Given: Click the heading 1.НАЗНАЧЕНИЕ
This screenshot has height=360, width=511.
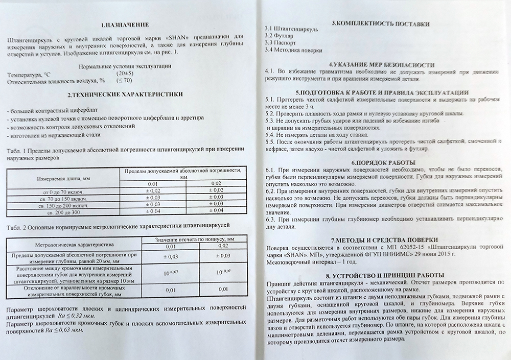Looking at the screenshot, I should (125, 25).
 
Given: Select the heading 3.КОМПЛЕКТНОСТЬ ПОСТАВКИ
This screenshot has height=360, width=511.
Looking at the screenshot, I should (380, 23).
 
